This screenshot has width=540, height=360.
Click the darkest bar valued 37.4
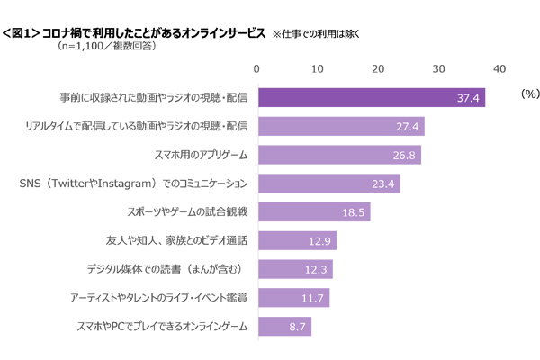tap(371, 98)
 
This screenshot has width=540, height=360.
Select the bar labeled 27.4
tap(340, 127)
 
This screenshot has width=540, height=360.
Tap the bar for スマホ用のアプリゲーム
tap(338, 156)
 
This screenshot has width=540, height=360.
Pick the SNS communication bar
tap(328, 184)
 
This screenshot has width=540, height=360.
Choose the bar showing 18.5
tap(313, 212)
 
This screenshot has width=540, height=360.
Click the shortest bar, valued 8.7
tap(284, 327)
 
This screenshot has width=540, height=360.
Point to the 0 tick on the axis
tap(257, 69)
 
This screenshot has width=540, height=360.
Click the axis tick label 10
tap(318, 69)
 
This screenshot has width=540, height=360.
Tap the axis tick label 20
tap(378, 69)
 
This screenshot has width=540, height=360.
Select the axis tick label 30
tap(438, 69)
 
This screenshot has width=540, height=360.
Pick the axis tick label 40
tap(499, 69)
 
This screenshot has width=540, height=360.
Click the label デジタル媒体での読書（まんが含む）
tap(167, 269)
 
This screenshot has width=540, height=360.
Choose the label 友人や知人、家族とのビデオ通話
tap(177, 241)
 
